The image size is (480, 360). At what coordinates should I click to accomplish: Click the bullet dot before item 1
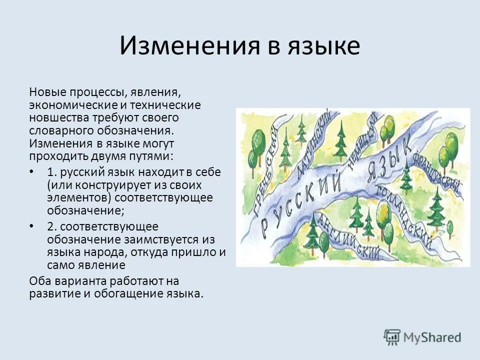32,172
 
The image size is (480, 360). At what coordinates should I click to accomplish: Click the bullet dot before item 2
32,226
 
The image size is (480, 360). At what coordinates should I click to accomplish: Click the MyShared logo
422,337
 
